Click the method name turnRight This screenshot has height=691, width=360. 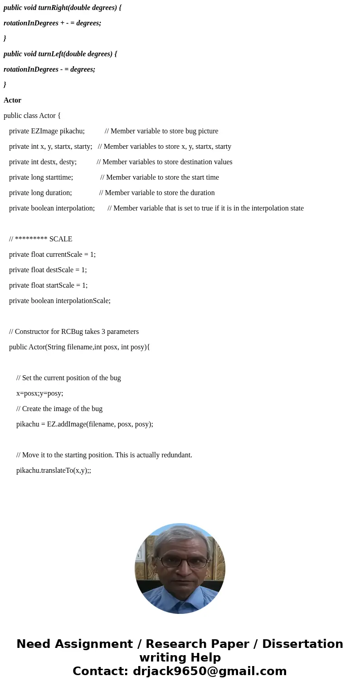coord(52,8)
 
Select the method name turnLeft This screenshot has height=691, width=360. coord(50,54)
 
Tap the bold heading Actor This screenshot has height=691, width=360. coord(12,100)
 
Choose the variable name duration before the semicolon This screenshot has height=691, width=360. coord(58,193)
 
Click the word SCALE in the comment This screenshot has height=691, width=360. coord(61,239)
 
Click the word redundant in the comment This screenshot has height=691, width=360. coord(175,455)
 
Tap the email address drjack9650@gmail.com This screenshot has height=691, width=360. coord(209,671)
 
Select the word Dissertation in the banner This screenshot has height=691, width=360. coord(302,644)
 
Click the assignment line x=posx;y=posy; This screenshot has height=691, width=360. coord(39,393)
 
